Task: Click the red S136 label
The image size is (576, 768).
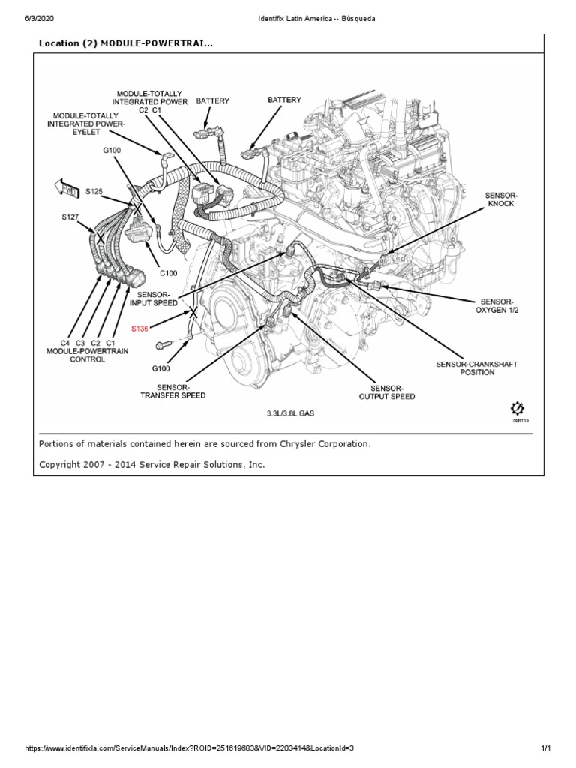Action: point(139,328)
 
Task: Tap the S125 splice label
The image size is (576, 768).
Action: point(93,192)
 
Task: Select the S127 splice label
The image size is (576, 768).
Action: point(70,218)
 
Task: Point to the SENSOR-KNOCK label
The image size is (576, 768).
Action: point(500,199)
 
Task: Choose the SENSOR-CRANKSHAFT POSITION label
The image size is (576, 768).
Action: point(477,367)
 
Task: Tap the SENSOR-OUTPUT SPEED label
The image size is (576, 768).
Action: point(387,391)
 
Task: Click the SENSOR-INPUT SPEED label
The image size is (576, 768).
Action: point(154,298)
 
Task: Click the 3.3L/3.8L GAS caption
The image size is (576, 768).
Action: point(291,413)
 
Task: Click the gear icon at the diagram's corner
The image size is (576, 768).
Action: point(517,408)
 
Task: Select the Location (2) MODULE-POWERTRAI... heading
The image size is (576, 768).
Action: point(125,43)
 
